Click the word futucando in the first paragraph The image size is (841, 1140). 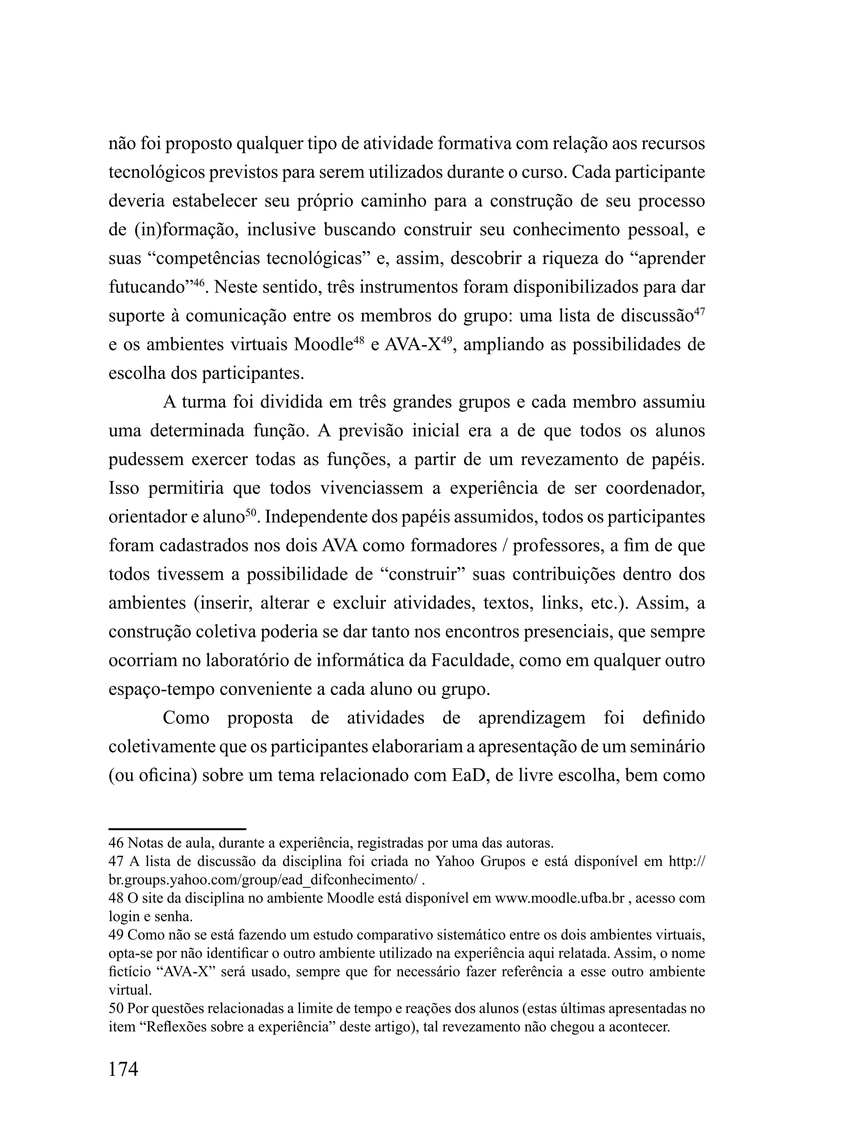(x=146, y=288)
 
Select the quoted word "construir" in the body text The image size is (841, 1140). (x=418, y=575)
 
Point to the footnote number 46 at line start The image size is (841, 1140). (x=116, y=843)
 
